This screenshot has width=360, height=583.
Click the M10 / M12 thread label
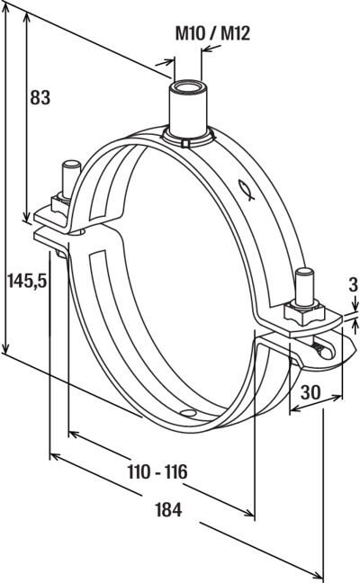point(212,34)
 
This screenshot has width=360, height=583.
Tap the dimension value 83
point(40,98)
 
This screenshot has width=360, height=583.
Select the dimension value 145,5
point(28,280)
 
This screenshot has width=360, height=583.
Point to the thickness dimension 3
point(353,285)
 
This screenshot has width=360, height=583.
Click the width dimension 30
point(310,392)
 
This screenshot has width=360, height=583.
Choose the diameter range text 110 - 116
point(157,471)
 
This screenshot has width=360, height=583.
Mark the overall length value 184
point(168,510)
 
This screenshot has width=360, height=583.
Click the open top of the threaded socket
point(188,86)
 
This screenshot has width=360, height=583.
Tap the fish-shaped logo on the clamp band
point(247,190)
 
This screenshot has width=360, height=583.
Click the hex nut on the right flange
point(304,313)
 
